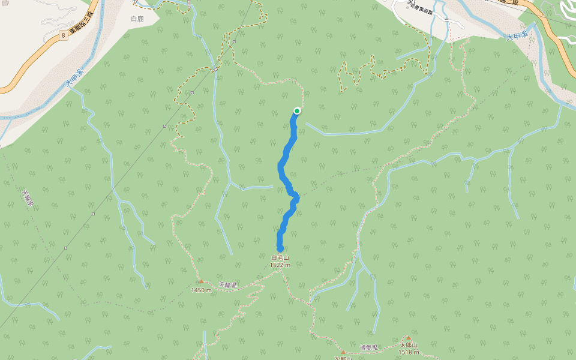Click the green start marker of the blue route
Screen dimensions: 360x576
pos(296,110)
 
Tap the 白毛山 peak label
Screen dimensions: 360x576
pos(280,257)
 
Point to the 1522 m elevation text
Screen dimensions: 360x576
pos(280,265)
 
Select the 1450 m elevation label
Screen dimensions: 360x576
pos(202,290)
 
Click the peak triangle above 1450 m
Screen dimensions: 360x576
pos(202,281)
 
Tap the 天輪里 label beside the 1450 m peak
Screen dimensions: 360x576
pos(229,285)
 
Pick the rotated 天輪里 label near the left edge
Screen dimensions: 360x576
pos(28,199)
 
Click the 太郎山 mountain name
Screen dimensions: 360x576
pos(408,346)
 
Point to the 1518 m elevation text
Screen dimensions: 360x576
pos(408,352)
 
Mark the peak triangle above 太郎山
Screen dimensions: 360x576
pos(408,338)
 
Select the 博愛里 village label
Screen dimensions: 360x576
pos(369,347)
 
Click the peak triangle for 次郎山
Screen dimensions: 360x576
pos(343,352)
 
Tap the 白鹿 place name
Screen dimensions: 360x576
pos(137,19)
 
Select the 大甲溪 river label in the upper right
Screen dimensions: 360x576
pos(515,37)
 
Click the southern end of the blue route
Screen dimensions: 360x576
pos(280,248)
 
